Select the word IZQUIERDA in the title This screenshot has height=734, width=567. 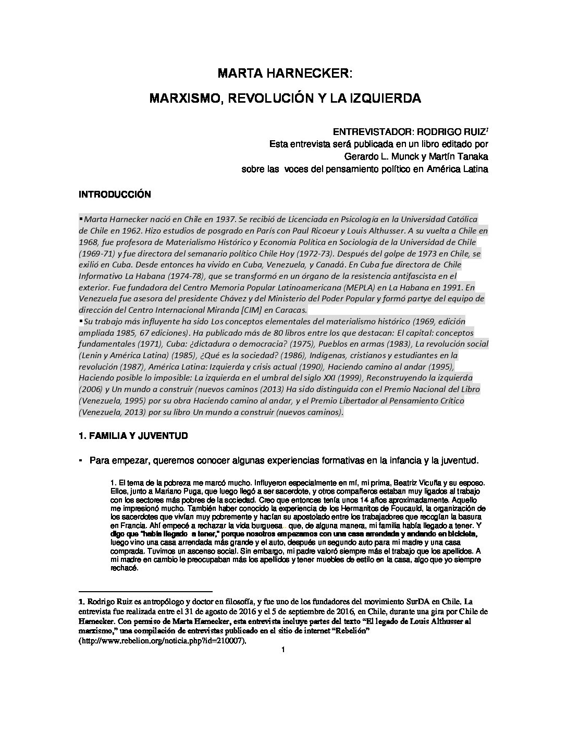[x=387, y=98]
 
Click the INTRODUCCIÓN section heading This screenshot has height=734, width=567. [x=115, y=195]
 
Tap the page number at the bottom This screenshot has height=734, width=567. [x=282, y=650]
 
